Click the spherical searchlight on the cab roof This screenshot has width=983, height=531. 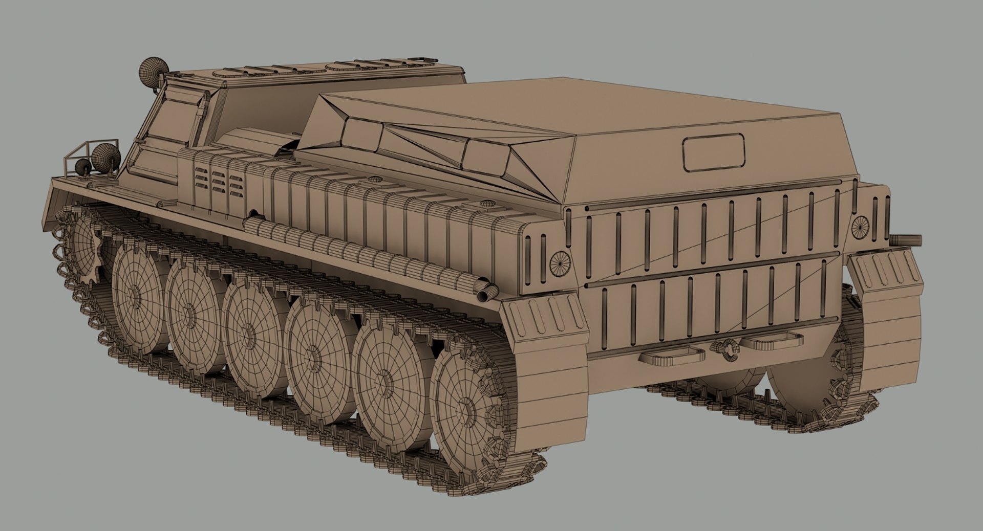pyautogui.click(x=152, y=70)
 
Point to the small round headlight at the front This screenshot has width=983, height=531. pyautogui.click(x=82, y=167)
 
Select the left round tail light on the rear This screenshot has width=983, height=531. pyautogui.click(x=560, y=263)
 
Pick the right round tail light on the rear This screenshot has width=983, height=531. pyautogui.click(x=860, y=226)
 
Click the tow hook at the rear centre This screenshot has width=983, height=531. pyautogui.click(x=727, y=349)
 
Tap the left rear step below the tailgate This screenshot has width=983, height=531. pyautogui.click(x=671, y=355)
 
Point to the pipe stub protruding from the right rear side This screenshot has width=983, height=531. pyautogui.click(x=908, y=239)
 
